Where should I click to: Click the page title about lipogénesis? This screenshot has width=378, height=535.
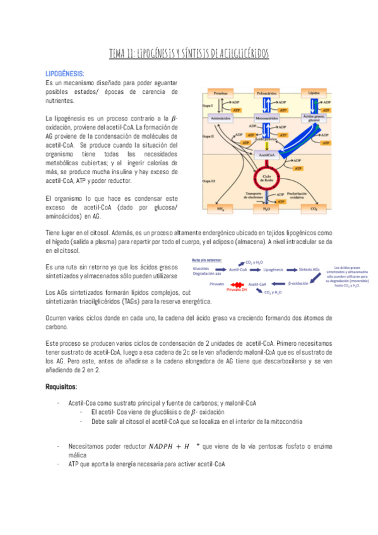[x=189, y=54]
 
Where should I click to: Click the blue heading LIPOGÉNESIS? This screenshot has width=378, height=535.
[x=66, y=73]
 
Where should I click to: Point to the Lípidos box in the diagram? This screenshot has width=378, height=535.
[x=314, y=93]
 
